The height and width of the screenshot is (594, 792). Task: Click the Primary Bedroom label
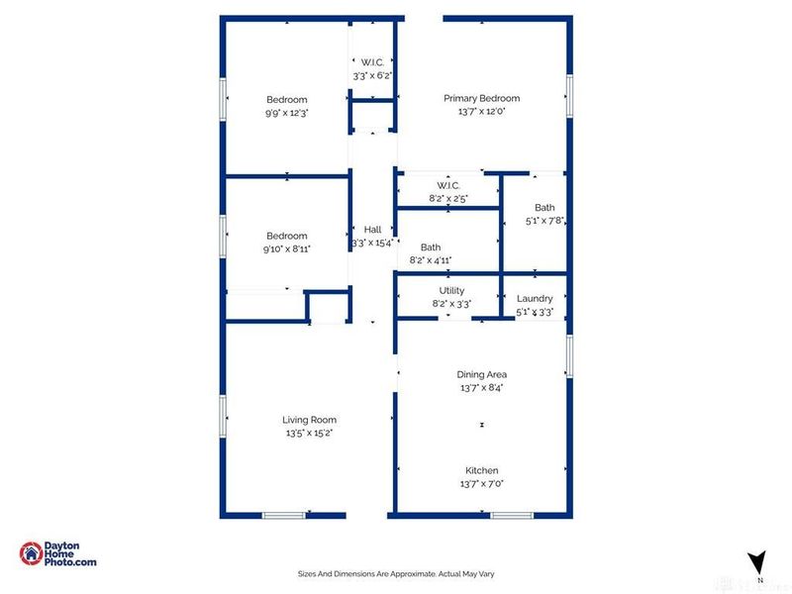pos(481,98)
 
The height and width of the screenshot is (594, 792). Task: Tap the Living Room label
pos(309,420)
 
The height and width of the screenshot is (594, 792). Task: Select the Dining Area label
pos(481,374)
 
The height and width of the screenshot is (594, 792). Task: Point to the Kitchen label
pos(481,470)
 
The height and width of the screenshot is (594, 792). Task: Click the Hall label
pos(372,229)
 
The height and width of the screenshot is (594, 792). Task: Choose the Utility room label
pos(451,290)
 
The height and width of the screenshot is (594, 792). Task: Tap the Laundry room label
pos(535,298)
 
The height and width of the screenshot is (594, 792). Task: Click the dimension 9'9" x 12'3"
pos(287,113)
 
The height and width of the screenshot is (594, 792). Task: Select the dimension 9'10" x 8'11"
pos(287,248)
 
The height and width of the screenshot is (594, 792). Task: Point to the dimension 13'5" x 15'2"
pos(309,433)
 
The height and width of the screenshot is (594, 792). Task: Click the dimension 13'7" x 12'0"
pos(481,112)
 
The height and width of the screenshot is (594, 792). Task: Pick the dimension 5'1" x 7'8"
pos(544,222)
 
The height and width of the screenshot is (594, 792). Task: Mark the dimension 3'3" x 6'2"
pos(372,75)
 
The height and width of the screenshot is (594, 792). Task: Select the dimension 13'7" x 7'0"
pos(481,484)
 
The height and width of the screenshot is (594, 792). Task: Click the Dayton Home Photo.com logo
pos(58,554)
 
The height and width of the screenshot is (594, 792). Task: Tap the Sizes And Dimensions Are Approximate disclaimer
pos(396,573)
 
